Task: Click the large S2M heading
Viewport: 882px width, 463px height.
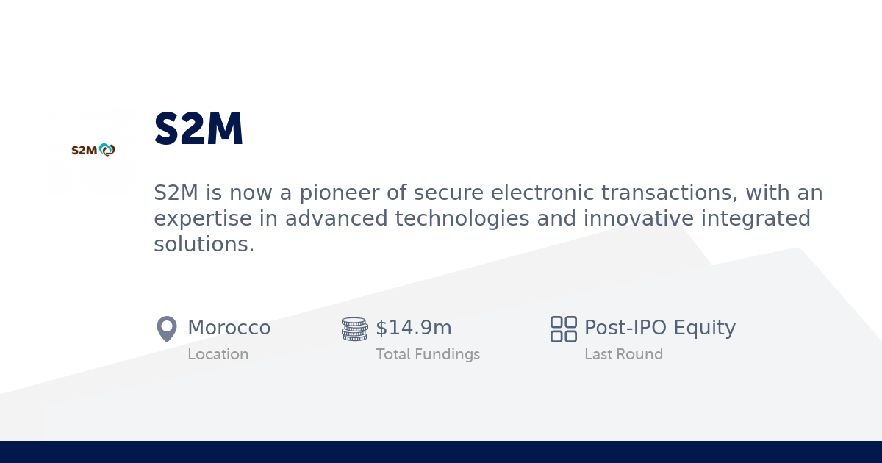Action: coord(198,130)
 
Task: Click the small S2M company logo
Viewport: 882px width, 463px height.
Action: coord(93,150)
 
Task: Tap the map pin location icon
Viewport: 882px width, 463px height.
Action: coord(167,329)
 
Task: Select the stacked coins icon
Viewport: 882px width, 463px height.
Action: coord(354,329)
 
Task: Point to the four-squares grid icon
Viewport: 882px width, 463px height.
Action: coord(564,329)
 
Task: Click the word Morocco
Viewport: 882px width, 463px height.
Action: coord(229,328)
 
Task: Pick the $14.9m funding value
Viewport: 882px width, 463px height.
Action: coord(413,328)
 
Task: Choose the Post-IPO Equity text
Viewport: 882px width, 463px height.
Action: coord(659,328)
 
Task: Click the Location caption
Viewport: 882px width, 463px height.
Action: coord(218,354)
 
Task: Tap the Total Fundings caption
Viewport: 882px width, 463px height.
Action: coord(427,354)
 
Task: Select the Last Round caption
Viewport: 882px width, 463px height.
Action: coord(623,354)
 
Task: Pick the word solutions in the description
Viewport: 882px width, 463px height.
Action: coord(204,244)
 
